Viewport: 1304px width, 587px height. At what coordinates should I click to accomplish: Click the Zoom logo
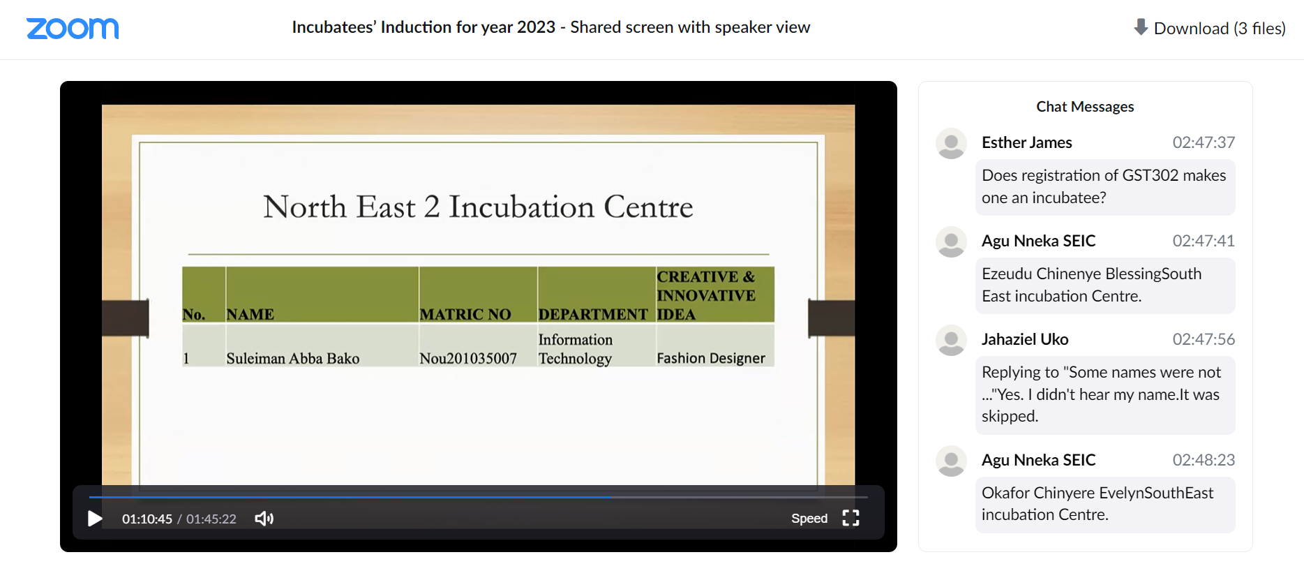73,29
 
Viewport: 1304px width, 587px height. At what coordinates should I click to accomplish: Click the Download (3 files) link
1210,28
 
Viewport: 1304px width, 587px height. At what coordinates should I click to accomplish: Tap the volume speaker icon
264,519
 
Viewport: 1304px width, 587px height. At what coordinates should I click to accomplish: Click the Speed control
809,519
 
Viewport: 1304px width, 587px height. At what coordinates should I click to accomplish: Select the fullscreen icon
850,518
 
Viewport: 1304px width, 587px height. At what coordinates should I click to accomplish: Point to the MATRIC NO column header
465,315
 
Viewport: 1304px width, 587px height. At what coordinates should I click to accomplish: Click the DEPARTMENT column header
593,315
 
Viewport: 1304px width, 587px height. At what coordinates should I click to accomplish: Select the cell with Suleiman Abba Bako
293,359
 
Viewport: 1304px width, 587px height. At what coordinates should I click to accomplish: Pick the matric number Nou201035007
468,359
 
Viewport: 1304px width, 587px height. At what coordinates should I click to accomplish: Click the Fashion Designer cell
711,359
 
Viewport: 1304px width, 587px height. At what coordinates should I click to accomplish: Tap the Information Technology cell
576,349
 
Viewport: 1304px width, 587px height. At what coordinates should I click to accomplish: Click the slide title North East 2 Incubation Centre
478,207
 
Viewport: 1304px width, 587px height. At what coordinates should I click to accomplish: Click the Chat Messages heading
1085,107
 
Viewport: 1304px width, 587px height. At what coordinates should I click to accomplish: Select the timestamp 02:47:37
1204,142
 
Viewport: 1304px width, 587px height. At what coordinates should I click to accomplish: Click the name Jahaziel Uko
1025,339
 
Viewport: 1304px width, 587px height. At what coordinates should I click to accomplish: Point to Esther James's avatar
951,143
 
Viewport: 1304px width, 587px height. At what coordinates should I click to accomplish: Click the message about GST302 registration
1105,187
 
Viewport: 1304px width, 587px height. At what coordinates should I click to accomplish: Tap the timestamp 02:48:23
1204,460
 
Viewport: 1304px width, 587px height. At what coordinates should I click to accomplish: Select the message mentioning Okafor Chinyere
1105,504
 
